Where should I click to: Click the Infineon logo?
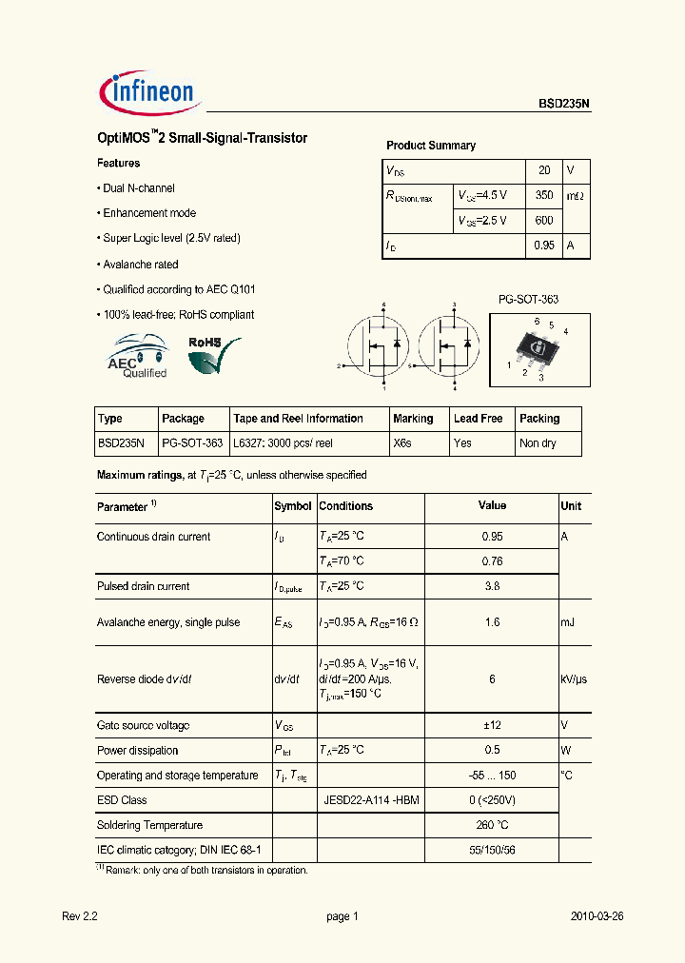(147, 91)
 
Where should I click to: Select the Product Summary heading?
(430, 146)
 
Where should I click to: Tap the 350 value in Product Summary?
(544, 195)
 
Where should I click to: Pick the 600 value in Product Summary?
(544, 220)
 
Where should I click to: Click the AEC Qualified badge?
(137, 357)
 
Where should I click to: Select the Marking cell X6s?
(402, 443)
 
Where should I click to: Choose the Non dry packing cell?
(538, 443)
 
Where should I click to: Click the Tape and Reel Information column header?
(298, 419)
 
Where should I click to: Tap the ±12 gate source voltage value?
(492, 725)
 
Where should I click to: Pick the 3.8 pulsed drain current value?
(492, 586)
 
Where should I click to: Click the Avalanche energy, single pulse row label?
(168, 622)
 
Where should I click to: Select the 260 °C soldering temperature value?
(492, 825)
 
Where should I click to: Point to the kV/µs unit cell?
(574, 679)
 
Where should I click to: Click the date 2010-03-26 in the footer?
(597, 916)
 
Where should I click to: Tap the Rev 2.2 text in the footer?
(80, 916)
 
